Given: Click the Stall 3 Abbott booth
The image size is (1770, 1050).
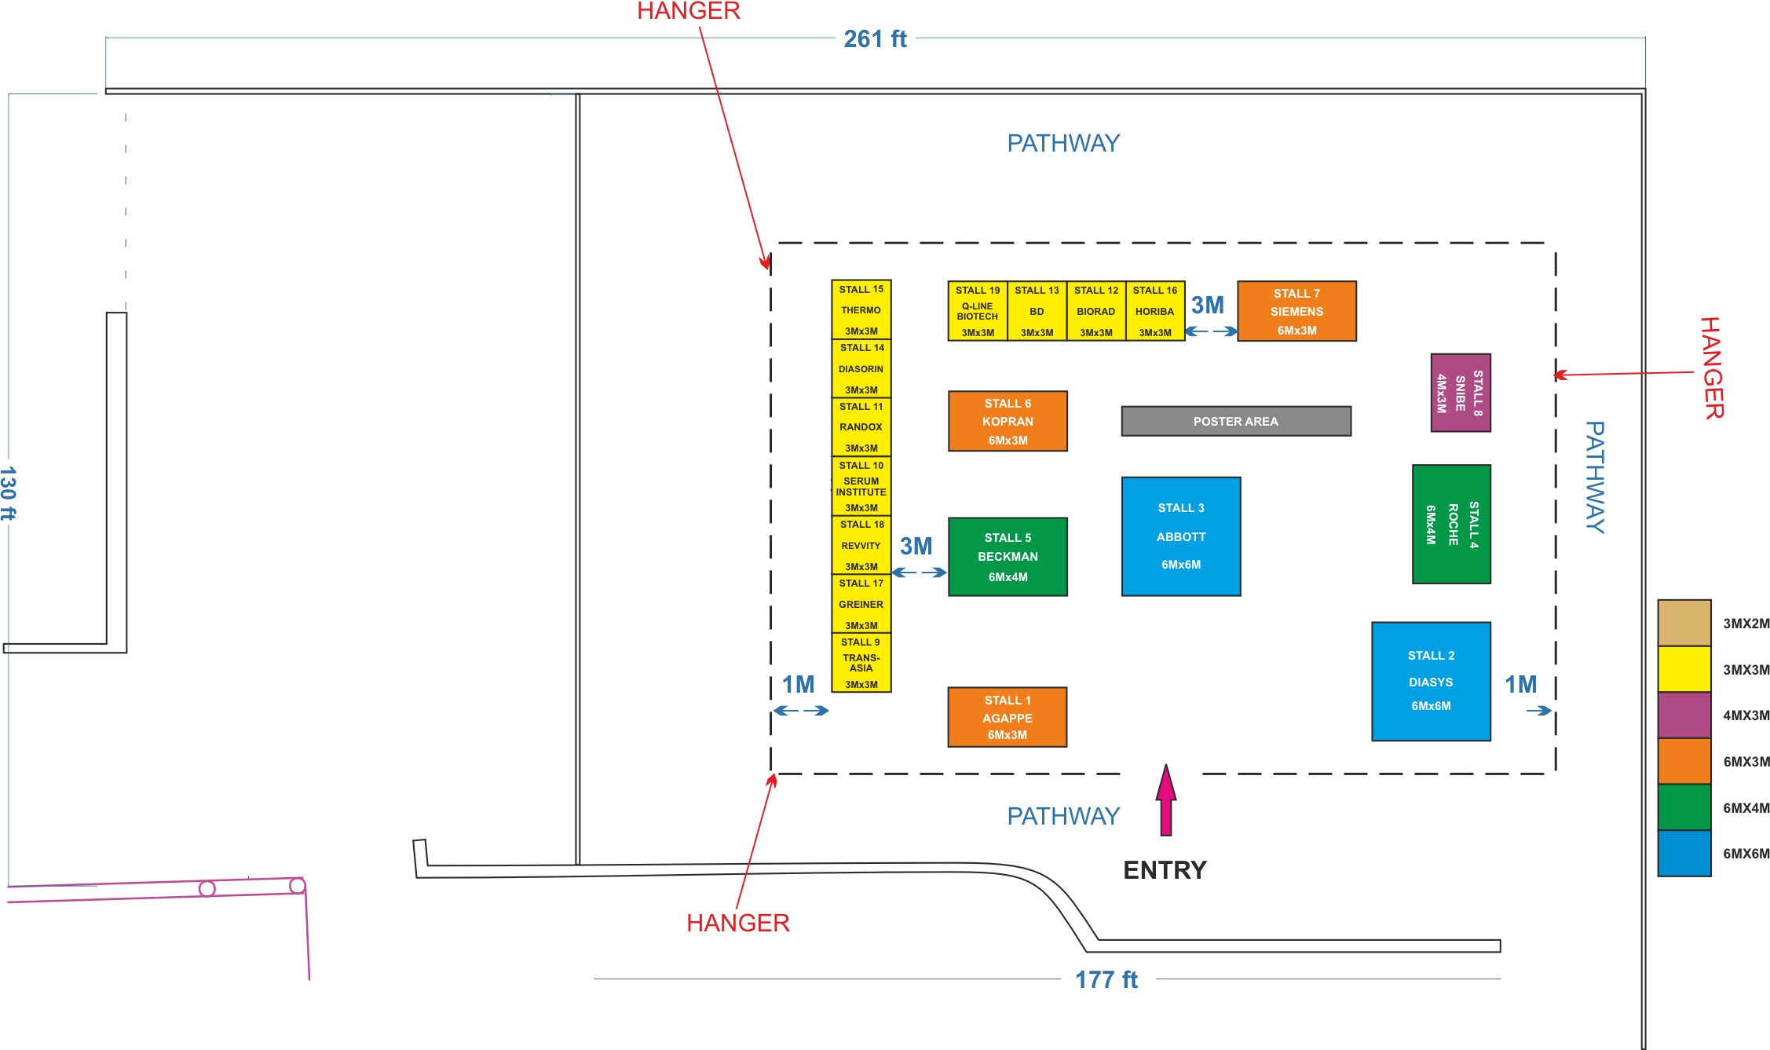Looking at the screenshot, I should pyautogui.click(x=1181, y=536).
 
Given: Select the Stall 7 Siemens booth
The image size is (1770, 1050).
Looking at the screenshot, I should pyautogui.click(x=1296, y=311).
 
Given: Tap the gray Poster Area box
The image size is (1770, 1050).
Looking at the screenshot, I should pyautogui.click(x=1236, y=421).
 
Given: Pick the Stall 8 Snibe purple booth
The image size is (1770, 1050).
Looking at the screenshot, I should pyautogui.click(x=1461, y=393).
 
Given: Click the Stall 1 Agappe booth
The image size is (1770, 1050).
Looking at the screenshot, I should pyautogui.click(x=1008, y=717).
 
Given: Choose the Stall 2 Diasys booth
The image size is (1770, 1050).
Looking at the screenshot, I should pyautogui.click(x=1431, y=681).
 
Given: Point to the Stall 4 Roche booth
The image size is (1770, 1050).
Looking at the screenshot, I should pyautogui.click(x=1451, y=524).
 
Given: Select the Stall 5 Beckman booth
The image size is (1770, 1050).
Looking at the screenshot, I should pyautogui.click(x=1008, y=557).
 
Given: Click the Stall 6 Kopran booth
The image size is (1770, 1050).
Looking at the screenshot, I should pyautogui.click(x=1008, y=421).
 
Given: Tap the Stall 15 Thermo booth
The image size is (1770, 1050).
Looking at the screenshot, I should pyautogui.click(x=861, y=310).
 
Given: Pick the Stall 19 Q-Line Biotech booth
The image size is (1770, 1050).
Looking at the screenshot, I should pyautogui.click(x=978, y=312).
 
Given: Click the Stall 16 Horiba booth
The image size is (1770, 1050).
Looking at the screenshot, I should pyautogui.click(x=1155, y=312).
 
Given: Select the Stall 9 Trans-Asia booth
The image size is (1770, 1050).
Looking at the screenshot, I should pyautogui.click(x=861, y=663).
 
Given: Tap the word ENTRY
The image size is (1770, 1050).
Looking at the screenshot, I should pyautogui.click(x=1165, y=870).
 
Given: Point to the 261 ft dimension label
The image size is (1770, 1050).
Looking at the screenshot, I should pyautogui.click(x=875, y=39).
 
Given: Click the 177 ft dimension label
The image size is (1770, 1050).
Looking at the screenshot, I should pyautogui.click(x=1106, y=979).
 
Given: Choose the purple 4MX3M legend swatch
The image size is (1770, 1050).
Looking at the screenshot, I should pyautogui.click(x=1684, y=715).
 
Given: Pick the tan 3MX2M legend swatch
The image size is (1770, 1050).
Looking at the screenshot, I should pyautogui.click(x=1684, y=623).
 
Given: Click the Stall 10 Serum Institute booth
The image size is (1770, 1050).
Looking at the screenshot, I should pyautogui.click(x=861, y=486).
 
